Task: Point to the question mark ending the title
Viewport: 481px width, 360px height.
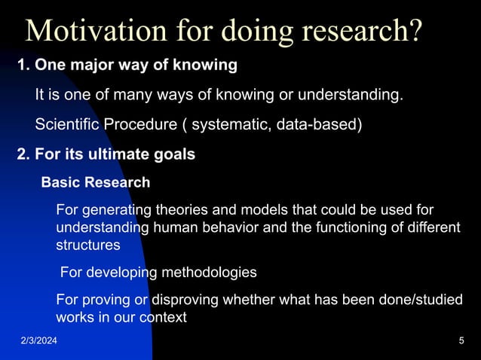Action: [x=413, y=31]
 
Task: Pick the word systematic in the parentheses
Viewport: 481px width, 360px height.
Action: [x=225, y=124]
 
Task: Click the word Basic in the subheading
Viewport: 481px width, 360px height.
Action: [x=60, y=182]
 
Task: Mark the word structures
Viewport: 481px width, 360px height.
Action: [x=87, y=245]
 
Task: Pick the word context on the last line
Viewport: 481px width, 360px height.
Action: [x=163, y=317]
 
